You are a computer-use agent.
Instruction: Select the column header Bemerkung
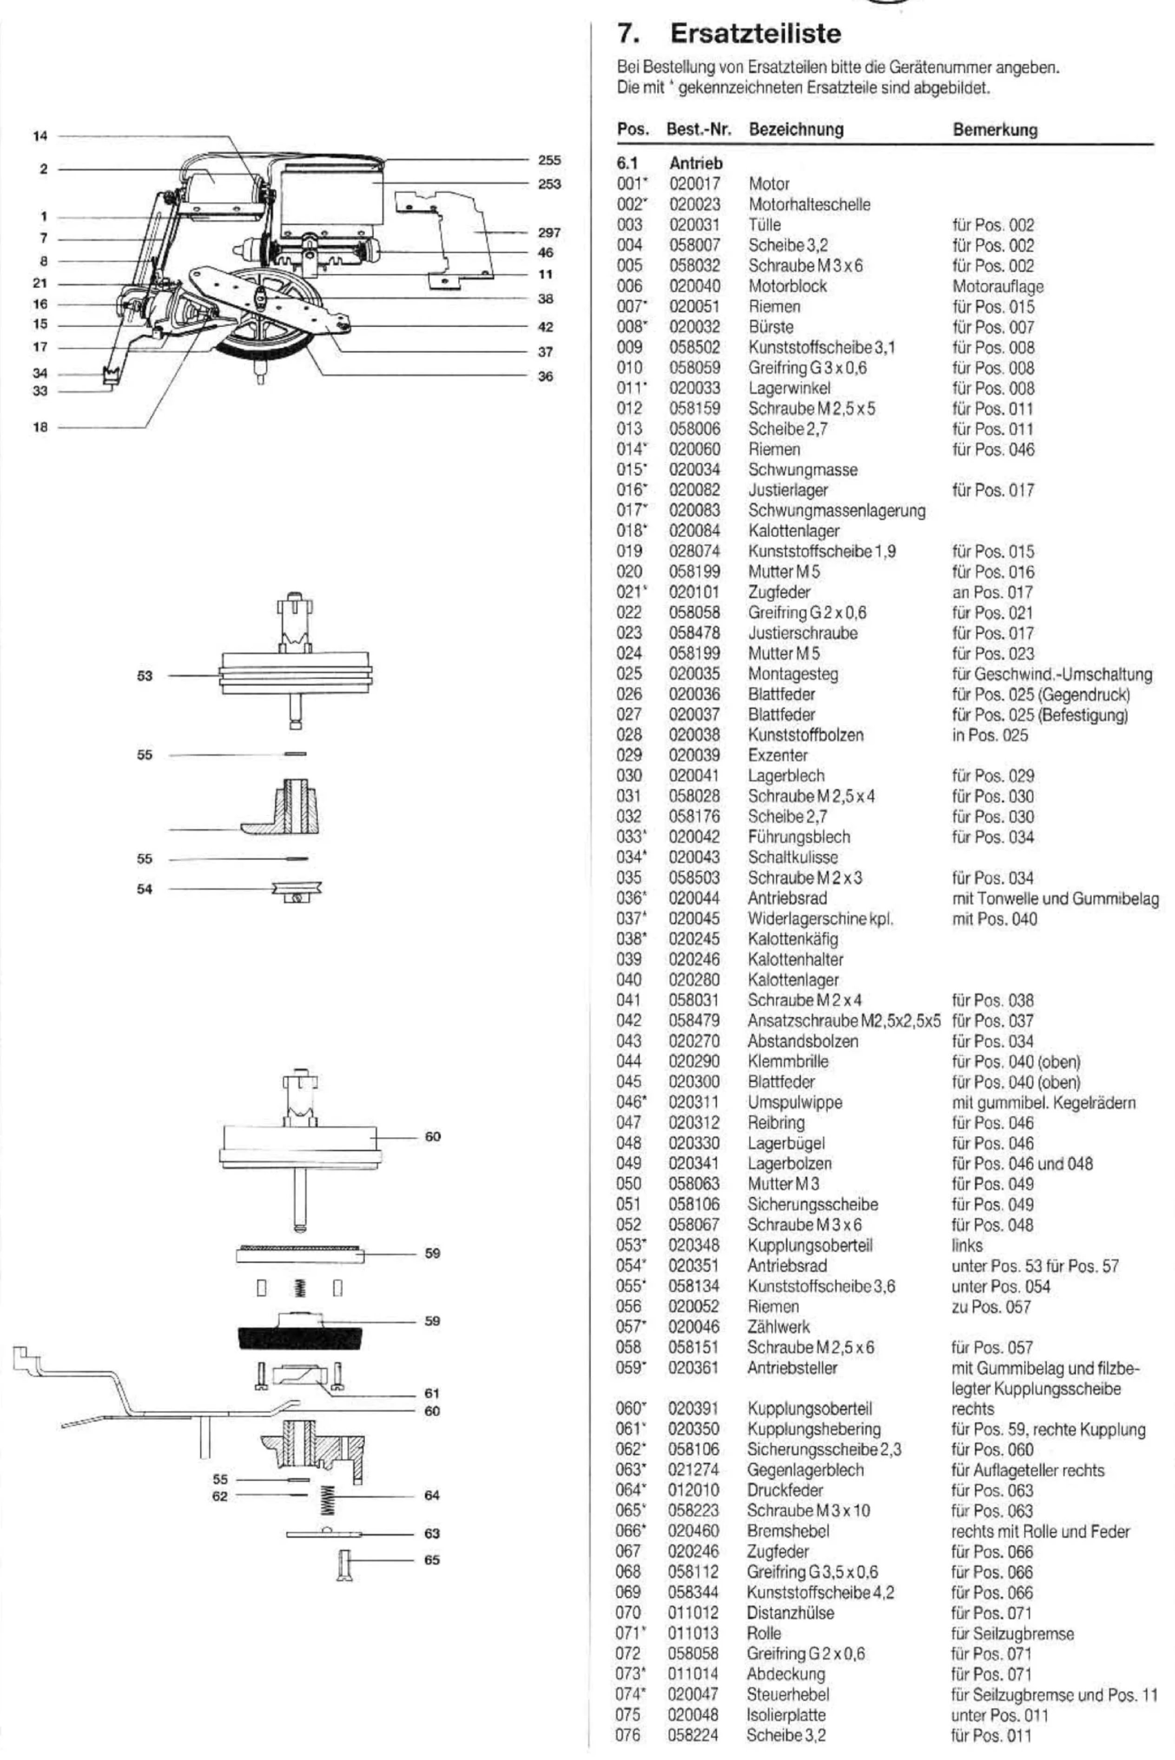click(x=995, y=130)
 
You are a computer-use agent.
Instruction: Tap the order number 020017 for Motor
click(x=695, y=184)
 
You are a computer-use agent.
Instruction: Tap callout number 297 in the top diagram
click(x=549, y=233)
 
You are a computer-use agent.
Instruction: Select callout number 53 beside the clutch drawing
click(x=145, y=676)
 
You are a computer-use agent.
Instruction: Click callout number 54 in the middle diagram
click(x=145, y=889)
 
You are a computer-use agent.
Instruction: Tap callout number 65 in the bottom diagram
click(x=432, y=1560)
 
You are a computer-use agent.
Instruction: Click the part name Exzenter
click(x=778, y=755)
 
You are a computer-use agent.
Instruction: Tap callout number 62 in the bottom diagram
click(x=219, y=1496)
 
